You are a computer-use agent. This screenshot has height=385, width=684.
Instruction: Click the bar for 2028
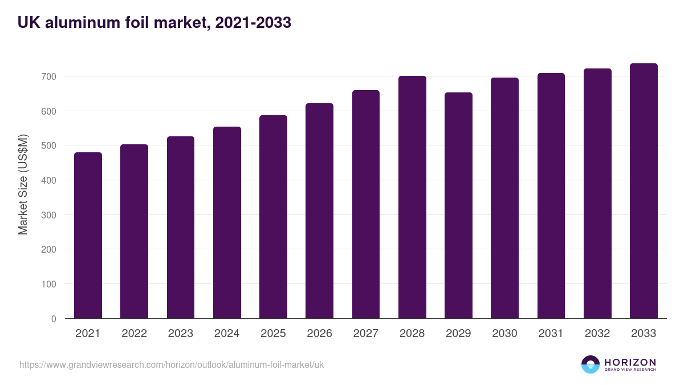(x=412, y=197)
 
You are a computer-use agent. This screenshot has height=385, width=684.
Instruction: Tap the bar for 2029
(x=458, y=205)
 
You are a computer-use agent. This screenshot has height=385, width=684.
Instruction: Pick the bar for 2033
(x=644, y=191)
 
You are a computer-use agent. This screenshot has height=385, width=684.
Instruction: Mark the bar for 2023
(x=181, y=228)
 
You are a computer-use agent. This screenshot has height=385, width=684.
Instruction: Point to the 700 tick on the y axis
(x=48, y=76)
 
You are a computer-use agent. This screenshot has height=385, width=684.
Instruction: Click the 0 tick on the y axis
(x=54, y=319)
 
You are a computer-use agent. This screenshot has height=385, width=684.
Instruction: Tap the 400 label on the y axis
(x=48, y=180)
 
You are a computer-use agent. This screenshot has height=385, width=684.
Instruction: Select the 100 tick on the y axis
(x=48, y=284)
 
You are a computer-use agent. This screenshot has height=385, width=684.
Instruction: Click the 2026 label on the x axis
(x=319, y=334)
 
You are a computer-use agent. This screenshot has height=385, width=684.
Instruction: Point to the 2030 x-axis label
(x=504, y=334)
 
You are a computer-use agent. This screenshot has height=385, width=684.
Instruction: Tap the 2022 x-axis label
(x=134, y=334)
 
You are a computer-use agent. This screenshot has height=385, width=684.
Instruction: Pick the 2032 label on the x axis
(x=597, y=334)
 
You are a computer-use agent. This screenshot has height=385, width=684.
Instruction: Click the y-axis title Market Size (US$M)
(x=23, y=184)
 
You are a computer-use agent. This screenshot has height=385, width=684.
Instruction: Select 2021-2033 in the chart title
(x=253, y=22)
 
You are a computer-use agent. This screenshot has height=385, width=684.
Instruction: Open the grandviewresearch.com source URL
(x=172, y=364)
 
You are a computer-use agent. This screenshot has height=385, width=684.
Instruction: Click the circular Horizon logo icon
(x=591, y=364)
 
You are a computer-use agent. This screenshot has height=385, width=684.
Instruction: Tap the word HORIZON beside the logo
(x=630, y=362)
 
